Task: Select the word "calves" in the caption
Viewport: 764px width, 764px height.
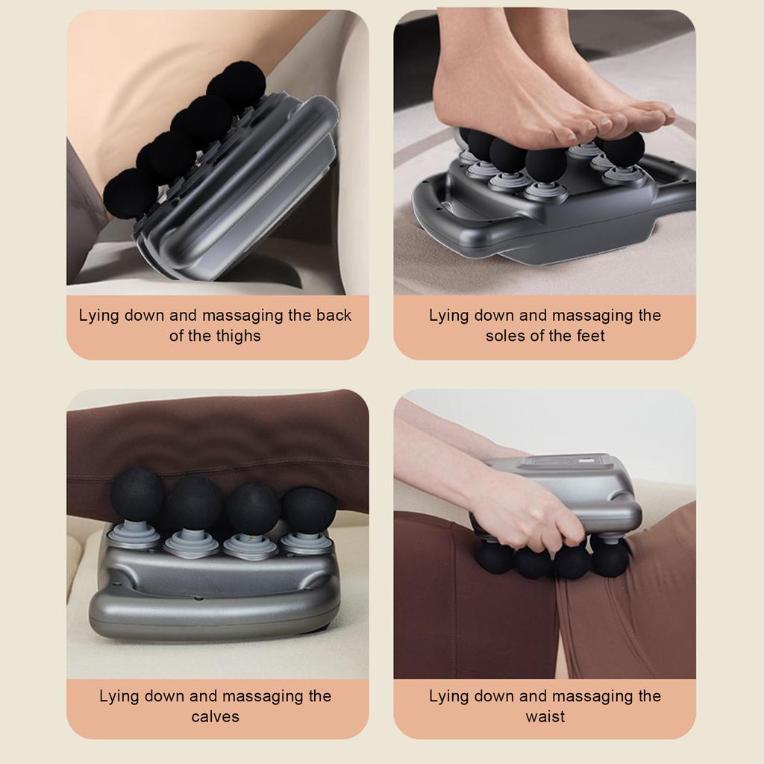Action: click(215, 716)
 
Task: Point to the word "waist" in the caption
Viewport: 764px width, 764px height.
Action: click(545, 716)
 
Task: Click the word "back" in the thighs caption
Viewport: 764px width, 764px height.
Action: click(334, 316)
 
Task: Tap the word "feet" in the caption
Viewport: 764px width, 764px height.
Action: click(589, 336)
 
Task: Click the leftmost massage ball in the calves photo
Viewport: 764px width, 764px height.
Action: click(137, 494)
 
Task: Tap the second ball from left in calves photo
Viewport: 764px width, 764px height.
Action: click(195, 502)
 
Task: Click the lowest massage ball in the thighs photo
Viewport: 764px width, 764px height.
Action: click(130, 192)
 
